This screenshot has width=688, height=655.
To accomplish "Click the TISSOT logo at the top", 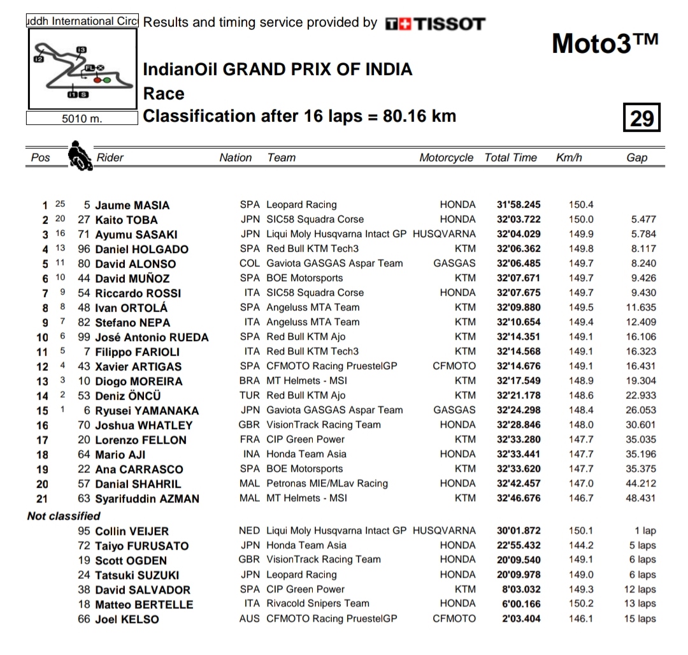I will click(435, 24).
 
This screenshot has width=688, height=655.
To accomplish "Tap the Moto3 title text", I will click(605, 43).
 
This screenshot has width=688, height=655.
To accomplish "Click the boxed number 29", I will click(641, 117).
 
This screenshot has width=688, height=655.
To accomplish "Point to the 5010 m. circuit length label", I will click(82, 119).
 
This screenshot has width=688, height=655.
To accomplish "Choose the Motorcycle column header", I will click(446, 158).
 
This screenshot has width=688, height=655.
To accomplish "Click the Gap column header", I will click(636, 158).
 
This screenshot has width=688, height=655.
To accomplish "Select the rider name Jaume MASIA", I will click(133, 205).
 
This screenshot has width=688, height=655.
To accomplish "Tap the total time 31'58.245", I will click(519, 205).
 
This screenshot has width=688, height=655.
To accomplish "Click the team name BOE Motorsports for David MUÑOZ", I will click(305, 278).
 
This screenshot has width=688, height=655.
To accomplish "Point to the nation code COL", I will click(250, 263).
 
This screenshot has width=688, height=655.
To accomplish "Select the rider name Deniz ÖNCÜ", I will click(128, 396).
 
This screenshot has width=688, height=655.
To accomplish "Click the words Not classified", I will click(64, 516).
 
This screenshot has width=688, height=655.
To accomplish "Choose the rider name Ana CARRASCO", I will click(139, 469).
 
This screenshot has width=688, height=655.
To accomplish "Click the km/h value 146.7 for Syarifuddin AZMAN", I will click(581, 498).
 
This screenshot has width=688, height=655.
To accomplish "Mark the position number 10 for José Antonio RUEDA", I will click(42, 337).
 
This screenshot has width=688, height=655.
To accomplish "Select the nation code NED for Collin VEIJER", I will click(250, 531).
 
